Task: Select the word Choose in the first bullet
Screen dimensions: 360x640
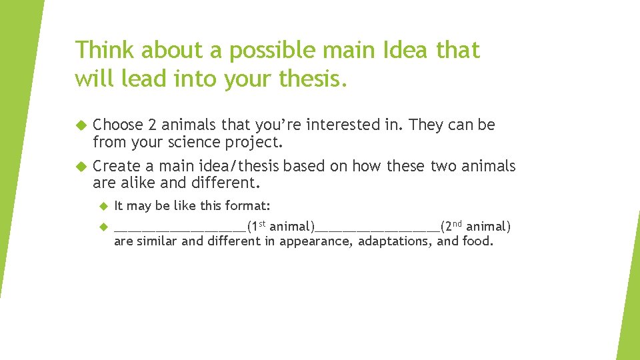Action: tap(118, 125)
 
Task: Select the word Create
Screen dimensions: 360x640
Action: tap(116, 166)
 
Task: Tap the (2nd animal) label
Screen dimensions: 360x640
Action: tap(475, 227)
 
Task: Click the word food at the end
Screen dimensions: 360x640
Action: tap(477, 241)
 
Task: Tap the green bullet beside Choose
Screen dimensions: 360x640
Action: tap(81, 125)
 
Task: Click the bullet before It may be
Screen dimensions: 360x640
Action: tap(103, 206)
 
